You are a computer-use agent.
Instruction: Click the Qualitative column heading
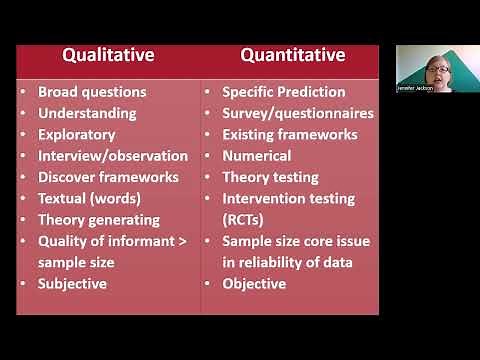108,55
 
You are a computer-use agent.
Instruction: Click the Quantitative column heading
291,55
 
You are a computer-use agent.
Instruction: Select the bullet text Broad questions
92,92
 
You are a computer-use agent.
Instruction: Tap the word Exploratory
77,134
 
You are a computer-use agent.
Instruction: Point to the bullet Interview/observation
113,156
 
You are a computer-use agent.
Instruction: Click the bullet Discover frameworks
108,177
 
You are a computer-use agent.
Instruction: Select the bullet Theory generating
99,219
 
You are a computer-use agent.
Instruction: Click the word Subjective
72,283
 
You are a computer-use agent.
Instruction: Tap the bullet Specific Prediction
284,92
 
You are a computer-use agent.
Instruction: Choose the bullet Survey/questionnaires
298,113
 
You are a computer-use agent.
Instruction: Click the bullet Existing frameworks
290,134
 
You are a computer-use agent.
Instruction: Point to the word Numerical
257,156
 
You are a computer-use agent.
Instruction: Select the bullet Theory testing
270,177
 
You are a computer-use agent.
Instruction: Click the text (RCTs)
246,219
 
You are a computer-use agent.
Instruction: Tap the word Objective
254,283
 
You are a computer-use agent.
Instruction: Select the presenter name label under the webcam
418,88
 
